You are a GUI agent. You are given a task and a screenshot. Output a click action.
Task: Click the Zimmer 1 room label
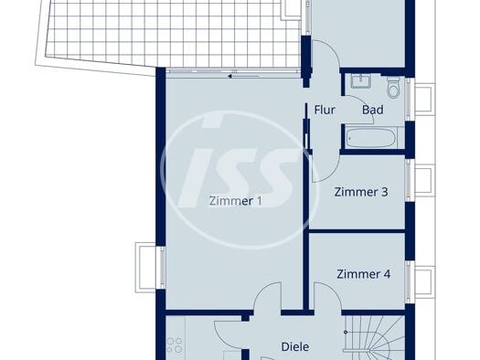point(235,201)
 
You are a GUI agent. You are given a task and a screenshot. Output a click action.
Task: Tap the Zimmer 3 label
point(361,192)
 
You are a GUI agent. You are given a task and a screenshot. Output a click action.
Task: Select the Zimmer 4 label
point(363,274)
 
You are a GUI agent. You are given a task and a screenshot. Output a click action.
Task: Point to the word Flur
point(325,110)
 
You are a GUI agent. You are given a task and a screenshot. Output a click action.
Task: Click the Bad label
point(372,110)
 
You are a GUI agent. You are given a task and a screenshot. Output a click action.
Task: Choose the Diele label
point(295,347)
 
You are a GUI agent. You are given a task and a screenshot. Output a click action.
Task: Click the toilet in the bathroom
point(393,87)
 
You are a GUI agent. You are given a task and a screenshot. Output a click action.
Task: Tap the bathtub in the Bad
point(371,138)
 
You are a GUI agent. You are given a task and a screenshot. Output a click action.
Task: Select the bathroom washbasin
point(361,81)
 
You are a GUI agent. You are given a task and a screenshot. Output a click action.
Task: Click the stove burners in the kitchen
point(175,345)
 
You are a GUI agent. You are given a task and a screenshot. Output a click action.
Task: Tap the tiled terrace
point(172,30)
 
